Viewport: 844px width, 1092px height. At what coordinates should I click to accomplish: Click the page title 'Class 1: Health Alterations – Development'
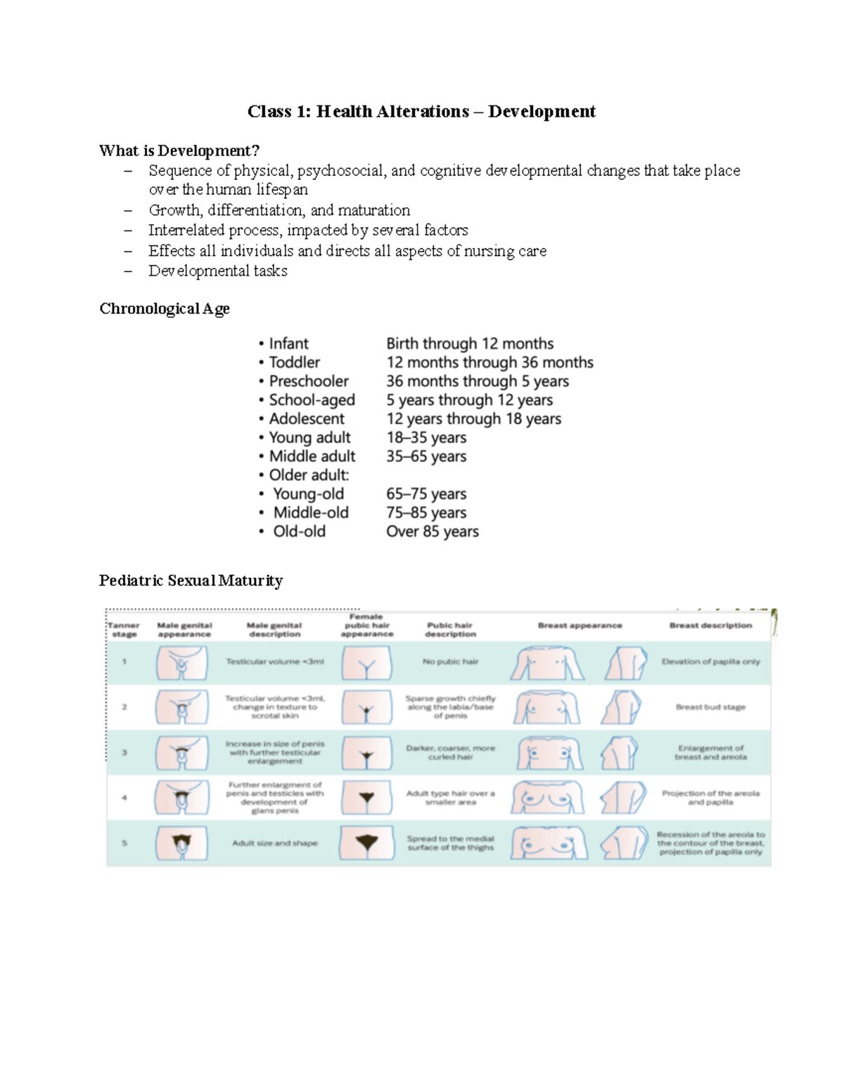[421, 112]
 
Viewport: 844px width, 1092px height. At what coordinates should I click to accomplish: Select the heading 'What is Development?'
[179, 150]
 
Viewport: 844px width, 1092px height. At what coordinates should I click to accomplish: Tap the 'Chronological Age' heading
[165, 309]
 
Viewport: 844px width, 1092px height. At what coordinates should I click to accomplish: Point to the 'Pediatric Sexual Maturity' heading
[191, 580]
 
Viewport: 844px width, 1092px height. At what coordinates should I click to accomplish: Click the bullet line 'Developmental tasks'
[217, 271]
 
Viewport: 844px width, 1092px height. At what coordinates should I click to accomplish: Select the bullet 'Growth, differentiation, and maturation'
[279, 210]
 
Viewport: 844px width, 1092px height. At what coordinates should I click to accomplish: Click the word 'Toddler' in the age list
[294, 362]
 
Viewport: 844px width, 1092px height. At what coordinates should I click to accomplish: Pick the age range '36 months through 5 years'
[477, 381]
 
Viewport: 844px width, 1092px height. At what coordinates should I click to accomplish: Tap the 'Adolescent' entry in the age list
[307, 418]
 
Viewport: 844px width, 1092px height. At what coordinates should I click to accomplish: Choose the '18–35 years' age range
[426, 437]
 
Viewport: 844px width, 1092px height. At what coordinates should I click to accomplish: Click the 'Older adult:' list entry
[309, 475]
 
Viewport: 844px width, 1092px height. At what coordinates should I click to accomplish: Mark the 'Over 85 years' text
[432, 531]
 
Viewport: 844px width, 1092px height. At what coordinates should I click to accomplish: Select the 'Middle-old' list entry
[311, 513]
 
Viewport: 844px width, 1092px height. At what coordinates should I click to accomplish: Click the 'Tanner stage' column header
[124, 629]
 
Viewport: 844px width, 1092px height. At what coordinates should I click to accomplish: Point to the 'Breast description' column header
[710, 625]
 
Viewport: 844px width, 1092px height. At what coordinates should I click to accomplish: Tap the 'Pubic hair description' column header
[450, 629]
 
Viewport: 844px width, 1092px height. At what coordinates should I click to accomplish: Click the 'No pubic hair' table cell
[450, 662]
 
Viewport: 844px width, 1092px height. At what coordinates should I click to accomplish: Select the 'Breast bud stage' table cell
[710, 707]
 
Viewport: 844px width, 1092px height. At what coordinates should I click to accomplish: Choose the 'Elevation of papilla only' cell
[710, 662]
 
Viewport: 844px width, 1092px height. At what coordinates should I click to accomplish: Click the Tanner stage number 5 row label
[124, 842]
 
